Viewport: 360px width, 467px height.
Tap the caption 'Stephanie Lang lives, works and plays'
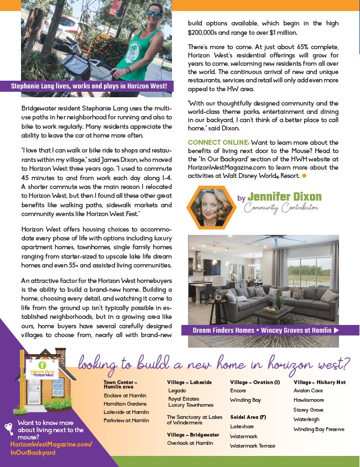pyautogui.click(x=88, y=86)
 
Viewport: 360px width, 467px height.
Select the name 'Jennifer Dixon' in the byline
pyautogui.click(x=284, y=197)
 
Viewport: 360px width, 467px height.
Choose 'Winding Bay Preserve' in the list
pyautogui.click(x=319, y=429)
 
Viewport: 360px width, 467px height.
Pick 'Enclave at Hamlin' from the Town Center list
pyautogui.click(x=125, y=396)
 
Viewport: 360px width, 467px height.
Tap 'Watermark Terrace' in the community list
pyautogui.click(x=253, y=445)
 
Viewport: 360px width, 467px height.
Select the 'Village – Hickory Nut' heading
pyautogui.click(x=320, y=382)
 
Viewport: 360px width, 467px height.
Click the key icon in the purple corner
pyautogui.click(x=9, y=428)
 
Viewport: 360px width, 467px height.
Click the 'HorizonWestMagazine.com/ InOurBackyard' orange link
pyautogui.click(x=51, y=448)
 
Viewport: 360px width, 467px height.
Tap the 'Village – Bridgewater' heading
pyautogui.click(x=193, y=434)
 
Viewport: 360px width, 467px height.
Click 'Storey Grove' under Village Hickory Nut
pyautogui.click(x=308, y=410)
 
